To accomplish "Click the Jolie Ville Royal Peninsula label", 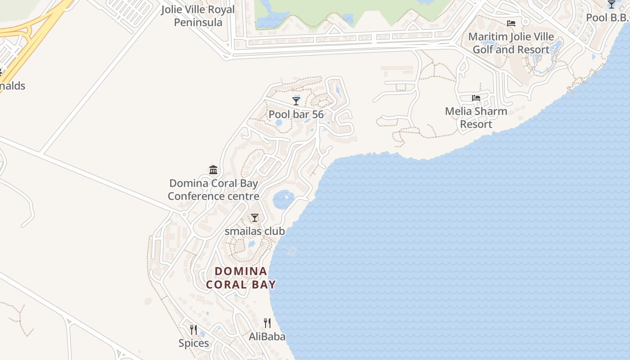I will (x=198, y=16).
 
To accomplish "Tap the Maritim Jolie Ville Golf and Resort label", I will (x=511, y=43).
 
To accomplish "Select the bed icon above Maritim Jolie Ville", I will (x=511, y=23).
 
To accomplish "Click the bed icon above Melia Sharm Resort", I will (x=476, y=98).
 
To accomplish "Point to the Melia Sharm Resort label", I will (x=476, y=117).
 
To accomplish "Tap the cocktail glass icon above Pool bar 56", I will (x=296, y=100).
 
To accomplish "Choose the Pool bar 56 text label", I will (x=296, y=114).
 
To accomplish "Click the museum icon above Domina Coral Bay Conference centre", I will (x=213, y=170).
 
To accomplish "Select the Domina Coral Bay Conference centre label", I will (x=213, y=189).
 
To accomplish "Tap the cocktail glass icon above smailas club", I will (x=255, y=218).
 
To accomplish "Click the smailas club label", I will (x=255, y=231).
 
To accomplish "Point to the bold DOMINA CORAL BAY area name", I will (x=241, y=278).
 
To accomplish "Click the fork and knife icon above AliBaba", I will (x=267, y=323).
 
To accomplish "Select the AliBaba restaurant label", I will (x=267, y=336).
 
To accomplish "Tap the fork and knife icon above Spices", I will (x=193, y=329).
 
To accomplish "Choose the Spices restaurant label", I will (x=193, y=343).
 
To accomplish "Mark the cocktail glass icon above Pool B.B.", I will (x=611, y=4).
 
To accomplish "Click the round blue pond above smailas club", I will (x=283, y=199).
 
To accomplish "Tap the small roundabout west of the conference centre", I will (x=184, y=215).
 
